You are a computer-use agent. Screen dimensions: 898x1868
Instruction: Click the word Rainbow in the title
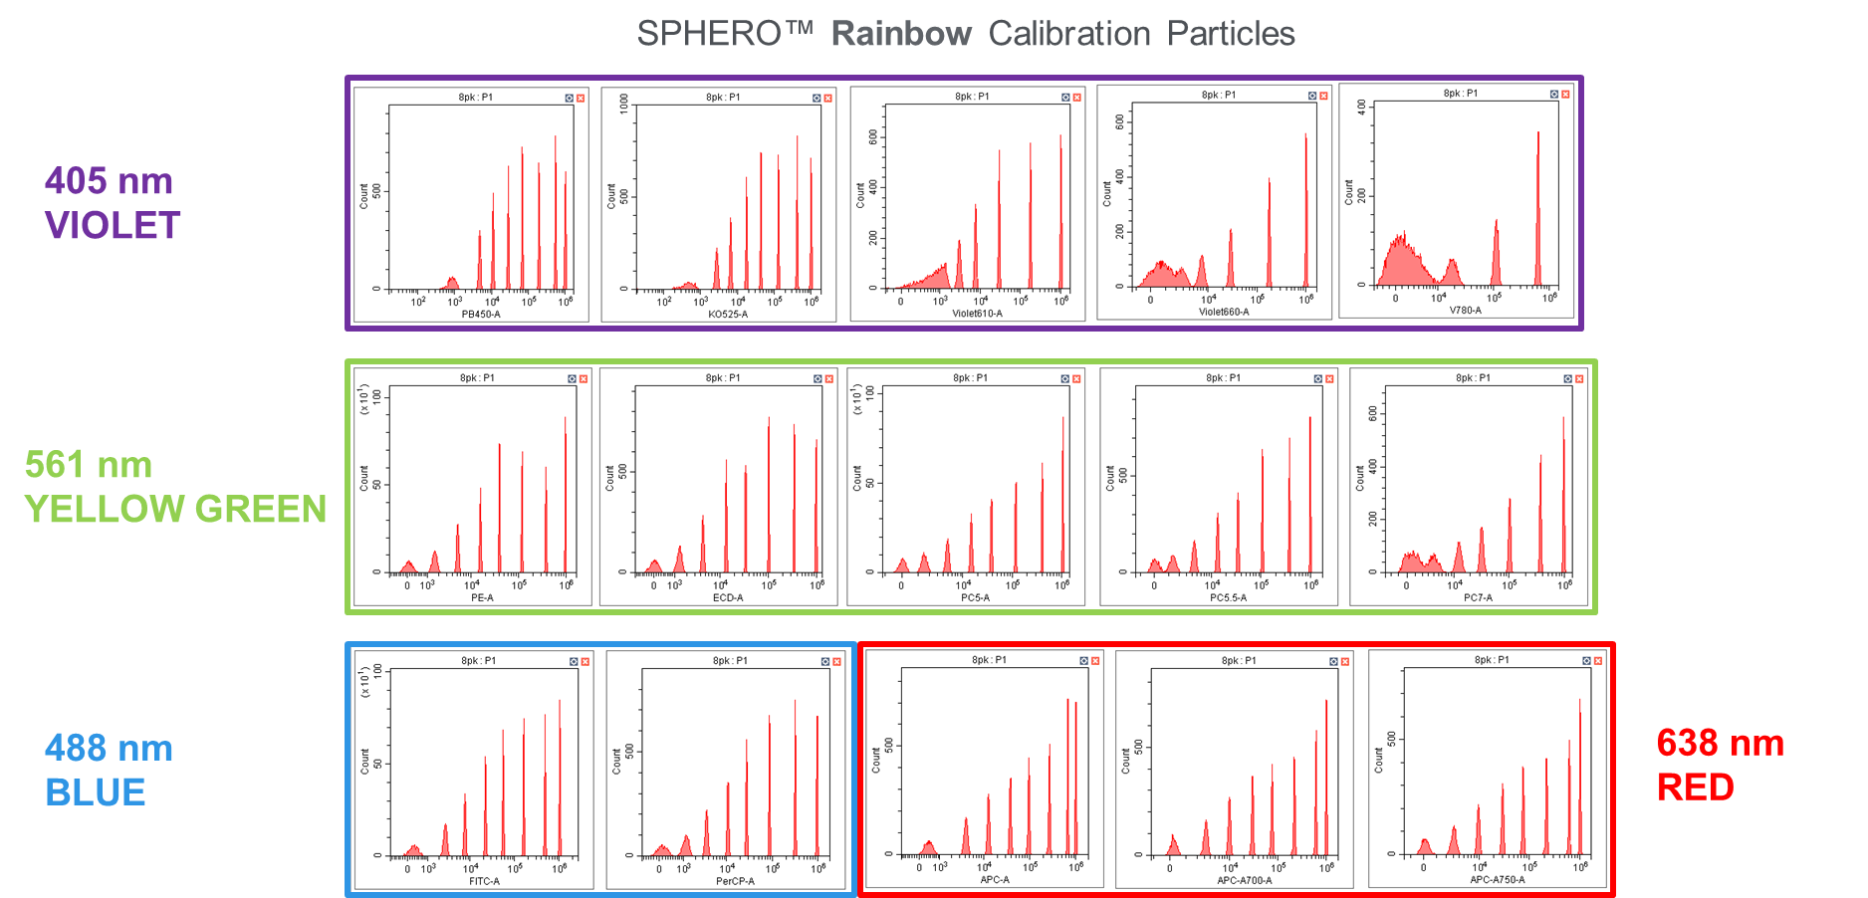[x=901, y=34]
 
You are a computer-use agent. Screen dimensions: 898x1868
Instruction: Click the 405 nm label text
[x=109, y=181]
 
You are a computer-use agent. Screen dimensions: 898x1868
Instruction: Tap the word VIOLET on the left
[x=113, y=226]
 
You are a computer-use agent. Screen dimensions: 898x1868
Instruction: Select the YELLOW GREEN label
[x=175, y=509]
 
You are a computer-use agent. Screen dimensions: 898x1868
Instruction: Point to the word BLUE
[x=96, y=792]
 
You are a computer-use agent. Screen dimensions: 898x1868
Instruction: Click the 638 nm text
[x=1720, y=743]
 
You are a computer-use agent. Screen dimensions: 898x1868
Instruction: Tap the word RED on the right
[x=1695, y=787]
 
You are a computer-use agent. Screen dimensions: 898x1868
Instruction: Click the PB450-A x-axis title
[x=481, y=315]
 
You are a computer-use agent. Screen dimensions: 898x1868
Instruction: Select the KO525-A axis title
[x=728, y=315]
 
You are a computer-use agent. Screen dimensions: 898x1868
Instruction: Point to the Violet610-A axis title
[x=977, y=314]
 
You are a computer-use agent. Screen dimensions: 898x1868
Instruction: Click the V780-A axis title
[x=1465, y=311]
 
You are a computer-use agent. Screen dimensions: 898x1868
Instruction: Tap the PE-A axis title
[x=482, y=598]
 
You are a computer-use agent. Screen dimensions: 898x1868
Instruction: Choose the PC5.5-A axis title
[x=1228, y=598]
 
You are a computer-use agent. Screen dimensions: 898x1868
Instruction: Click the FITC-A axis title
[x=484, y=881]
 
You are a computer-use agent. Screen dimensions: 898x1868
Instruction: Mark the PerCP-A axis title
[x=735, y=881]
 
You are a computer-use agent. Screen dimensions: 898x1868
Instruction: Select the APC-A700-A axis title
[x=1244, y=880]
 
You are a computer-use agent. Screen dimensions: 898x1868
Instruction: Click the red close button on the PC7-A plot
[x=1579, y=379]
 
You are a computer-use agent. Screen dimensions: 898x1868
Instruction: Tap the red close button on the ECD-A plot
[x=829, y=379]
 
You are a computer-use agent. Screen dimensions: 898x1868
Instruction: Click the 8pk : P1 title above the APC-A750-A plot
[x=1492, y=660]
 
